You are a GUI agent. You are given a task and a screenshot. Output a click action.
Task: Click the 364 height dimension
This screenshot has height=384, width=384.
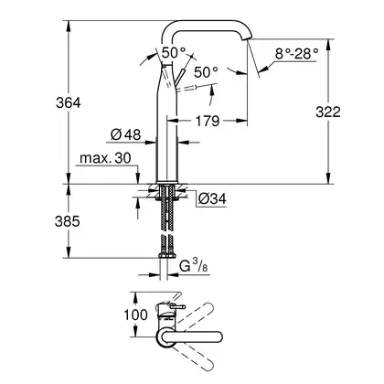pos(69,103)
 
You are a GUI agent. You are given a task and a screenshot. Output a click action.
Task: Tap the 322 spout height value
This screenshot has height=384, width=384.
pos(328,112)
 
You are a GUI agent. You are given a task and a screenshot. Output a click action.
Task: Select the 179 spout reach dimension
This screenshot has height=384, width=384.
pos(208,121)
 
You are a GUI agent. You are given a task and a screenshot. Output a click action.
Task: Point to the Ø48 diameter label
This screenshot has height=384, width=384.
pos(125,134)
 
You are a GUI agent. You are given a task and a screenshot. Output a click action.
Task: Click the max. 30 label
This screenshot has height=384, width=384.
pos(105,158)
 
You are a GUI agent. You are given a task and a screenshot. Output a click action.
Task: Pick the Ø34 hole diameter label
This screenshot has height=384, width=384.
pos(212,198)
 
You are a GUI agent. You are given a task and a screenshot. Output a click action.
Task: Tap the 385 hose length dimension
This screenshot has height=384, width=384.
pos(68,221)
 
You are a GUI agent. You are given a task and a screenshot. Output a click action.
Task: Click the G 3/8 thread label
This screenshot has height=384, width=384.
pos(193,266)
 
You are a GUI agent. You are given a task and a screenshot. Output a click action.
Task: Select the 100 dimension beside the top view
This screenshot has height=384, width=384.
pos(135,315)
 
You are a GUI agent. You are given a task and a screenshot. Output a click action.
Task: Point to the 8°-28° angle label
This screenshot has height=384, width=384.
pos(296,54)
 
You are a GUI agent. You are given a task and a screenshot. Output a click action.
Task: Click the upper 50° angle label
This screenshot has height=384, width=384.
pos(173,53)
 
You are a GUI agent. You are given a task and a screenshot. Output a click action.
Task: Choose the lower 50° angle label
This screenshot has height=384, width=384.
pos(206,72)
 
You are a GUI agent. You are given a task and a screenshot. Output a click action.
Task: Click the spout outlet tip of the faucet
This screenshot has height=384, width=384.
pos(248,38)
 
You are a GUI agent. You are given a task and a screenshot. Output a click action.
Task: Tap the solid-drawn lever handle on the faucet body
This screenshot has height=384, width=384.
pos(179,78)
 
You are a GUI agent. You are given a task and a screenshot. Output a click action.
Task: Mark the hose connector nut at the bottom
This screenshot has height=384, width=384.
pos(166,255)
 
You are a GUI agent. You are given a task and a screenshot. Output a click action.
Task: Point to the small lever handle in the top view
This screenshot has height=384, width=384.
pos(177,307)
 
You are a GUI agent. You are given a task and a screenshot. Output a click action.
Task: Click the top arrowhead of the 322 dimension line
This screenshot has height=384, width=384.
pos(328,45)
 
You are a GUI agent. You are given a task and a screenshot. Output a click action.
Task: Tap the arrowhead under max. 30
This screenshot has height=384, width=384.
pos(138,178)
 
